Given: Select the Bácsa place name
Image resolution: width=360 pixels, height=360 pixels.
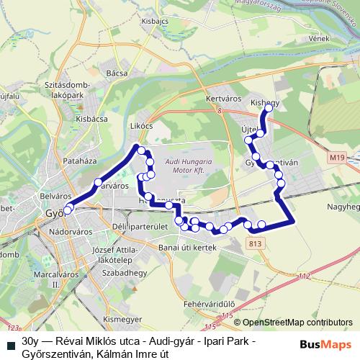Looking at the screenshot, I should tap(116, 73).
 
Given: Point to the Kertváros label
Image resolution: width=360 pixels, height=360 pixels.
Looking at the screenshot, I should tap(222, 96).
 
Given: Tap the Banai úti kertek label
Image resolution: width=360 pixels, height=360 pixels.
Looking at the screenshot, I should tap(185, 246).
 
